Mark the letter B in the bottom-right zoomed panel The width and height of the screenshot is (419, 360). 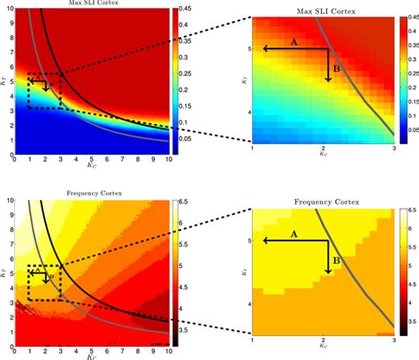point(337,259)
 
